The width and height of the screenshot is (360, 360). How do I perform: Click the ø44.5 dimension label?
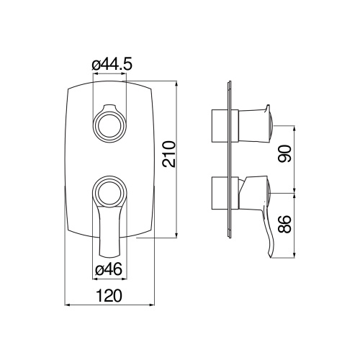(112, 65)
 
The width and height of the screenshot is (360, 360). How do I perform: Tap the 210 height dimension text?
(169, 154)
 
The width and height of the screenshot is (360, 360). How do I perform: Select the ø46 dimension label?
(109, 270)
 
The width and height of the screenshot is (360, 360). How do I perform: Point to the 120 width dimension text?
(109, 296)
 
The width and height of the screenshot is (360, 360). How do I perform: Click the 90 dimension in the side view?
(285, 153)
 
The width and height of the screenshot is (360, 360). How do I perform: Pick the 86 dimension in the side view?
(285, 224)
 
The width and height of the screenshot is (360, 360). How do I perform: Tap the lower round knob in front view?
(110, 191)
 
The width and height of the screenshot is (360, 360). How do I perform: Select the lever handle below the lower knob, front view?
(109, 230)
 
